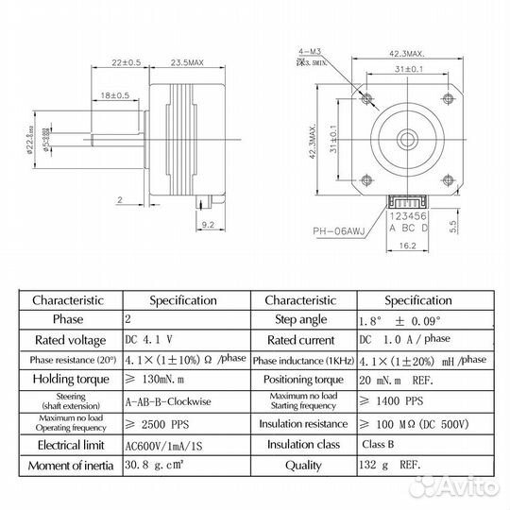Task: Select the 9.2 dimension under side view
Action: [210, 224]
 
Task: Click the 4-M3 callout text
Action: [307, 56]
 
